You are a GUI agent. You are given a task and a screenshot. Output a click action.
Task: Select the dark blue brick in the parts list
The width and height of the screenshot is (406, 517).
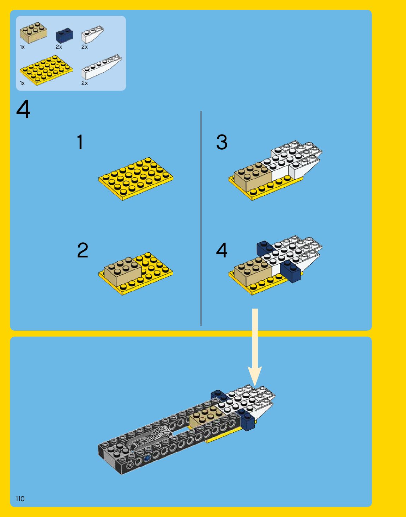pyautogui.click(x=64, y=35)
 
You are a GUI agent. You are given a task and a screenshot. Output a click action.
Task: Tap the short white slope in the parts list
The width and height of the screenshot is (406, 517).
pyautogui.click(x=92, y=34)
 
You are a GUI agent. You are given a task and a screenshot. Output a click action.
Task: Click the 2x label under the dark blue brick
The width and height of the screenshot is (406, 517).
pyautogui.click(x=59, y=47)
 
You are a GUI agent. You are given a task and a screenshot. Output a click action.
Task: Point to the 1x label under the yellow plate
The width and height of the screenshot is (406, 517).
pyautogui.click(x=22, y=83)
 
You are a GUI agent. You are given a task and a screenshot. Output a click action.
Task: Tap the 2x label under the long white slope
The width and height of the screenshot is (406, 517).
pyautogui.click(x=84, y=83)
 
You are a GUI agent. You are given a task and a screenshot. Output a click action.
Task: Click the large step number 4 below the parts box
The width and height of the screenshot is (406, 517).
pyautogui.click(x=23, y=110)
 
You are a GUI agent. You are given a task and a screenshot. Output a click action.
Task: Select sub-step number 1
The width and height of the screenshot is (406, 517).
pyautogui.click(x=80, y=142)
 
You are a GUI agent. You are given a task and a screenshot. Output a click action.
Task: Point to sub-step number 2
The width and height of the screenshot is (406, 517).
pyautogui.click(x=83, y=250)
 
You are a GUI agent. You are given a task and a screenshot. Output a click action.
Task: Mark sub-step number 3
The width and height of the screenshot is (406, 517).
pyautogui.click(x=222, y=142)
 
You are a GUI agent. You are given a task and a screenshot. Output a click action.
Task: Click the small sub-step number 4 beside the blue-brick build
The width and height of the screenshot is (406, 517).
pyautogui.click(x=222, y=250)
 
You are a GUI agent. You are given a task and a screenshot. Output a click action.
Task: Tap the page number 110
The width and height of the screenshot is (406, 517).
pyautogui.click(x=20, y=498)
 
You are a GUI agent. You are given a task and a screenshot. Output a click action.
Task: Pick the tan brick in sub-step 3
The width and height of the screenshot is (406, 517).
pyautogui.click(x=253, y=178)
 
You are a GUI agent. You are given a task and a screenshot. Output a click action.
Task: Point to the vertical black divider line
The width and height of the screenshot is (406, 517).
pyautogui.click(x=201, y=218)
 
